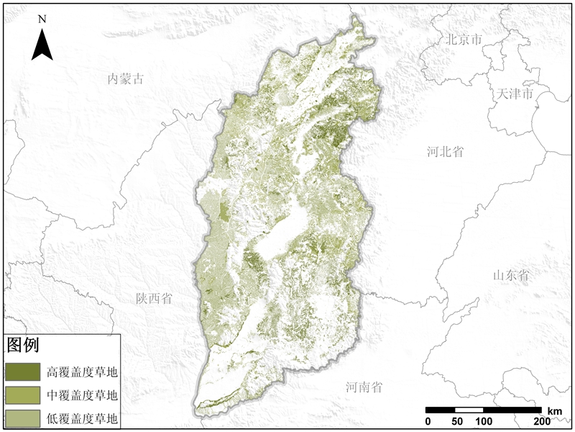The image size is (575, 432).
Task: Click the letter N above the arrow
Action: tap(42, 19)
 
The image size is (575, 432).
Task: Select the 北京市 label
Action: tap(464, 40)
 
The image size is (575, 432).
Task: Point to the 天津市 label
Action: tap(515, 94)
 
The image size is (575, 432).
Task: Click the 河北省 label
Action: tap(443, 151)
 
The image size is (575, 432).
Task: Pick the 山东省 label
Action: tap(511, 275)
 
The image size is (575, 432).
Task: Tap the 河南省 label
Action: tap(364, 387)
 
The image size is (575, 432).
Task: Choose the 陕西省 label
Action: tap(155, 298)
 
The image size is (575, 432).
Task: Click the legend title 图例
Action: tap(22, 345)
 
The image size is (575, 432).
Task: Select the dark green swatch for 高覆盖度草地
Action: tap(23, 372)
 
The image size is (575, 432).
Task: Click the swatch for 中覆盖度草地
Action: tap(23, 395)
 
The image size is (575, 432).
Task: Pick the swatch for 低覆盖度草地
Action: tap(23, 418)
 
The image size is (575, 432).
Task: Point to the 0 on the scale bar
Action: tap(428, 421)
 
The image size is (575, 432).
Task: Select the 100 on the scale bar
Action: tap(483, 421)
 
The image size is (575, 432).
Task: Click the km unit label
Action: tap(554, 410)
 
